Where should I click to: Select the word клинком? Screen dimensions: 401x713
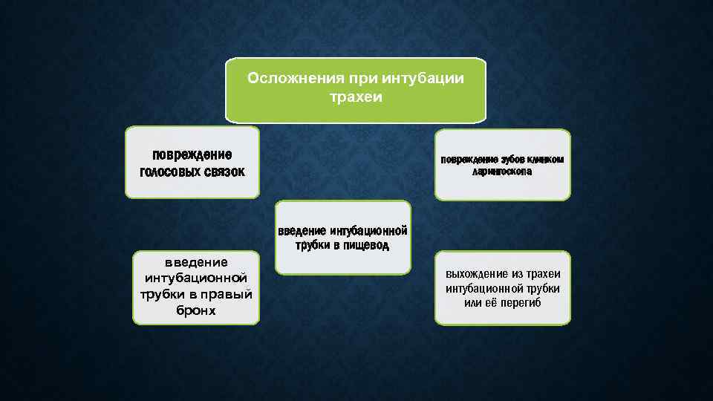[546, 159]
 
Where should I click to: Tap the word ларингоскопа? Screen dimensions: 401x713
[502, 172]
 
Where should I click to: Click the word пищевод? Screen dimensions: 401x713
[365, 244]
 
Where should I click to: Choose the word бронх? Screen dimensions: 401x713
[196, 311]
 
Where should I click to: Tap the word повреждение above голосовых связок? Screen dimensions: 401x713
[192, 154]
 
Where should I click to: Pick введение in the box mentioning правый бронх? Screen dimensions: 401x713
[196, 261]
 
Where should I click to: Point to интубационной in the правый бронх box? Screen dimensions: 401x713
[196, 278]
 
